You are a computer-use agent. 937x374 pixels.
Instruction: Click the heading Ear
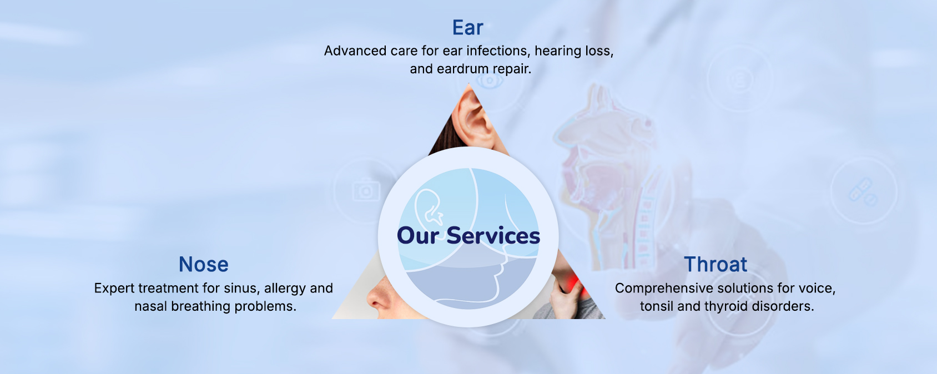(x=467, y=28)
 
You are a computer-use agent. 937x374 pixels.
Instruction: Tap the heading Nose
(x=204, y=264)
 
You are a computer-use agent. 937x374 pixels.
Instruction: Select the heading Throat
(x=716, y=264)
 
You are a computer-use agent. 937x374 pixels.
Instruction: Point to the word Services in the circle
(x=493, y=235)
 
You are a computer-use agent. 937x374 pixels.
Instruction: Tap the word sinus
(x=241, y=288)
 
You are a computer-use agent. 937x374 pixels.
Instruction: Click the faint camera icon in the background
(x=366, y=190)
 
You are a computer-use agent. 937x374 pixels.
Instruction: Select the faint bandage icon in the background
(x=863, y=191)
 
